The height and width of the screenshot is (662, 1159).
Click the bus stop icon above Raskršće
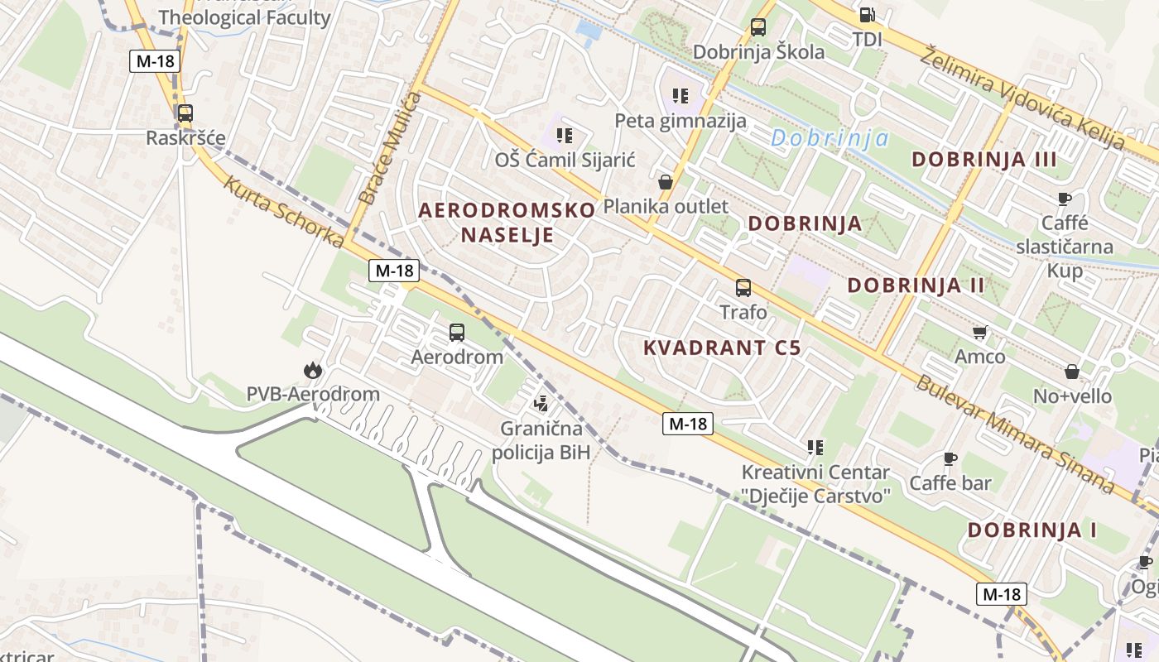click(185, 113)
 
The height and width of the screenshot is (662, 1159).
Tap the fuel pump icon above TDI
click(867, 14)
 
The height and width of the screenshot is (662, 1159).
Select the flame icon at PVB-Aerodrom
click(313, 370)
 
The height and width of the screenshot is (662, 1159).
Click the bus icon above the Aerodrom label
click(457, 333)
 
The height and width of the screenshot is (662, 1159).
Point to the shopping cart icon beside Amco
click(980, 333)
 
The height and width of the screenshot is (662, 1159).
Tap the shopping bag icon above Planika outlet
click(666, 182)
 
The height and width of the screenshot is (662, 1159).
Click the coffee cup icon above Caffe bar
click(950, 458)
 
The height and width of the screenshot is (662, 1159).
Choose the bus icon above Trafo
click(743, 288)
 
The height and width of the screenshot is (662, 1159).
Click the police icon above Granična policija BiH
click(541, 404)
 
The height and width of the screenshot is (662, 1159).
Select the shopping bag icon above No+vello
click(1072, 372)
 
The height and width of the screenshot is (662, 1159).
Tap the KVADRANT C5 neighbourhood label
click(722, 348)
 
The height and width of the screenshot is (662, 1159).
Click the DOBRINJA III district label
click(984, 160)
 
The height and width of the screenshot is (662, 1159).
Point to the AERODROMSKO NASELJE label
click(507, 222)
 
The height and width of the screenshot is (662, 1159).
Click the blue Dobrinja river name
click(830, 138)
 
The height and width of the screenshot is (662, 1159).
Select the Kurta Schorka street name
click(284, 211)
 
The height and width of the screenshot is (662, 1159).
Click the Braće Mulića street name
click(391, 149)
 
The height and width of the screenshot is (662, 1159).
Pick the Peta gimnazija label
click(680, 121)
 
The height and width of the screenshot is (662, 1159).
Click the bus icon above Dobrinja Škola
click(758, 27)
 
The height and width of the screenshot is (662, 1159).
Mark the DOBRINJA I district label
click(1032, 530)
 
